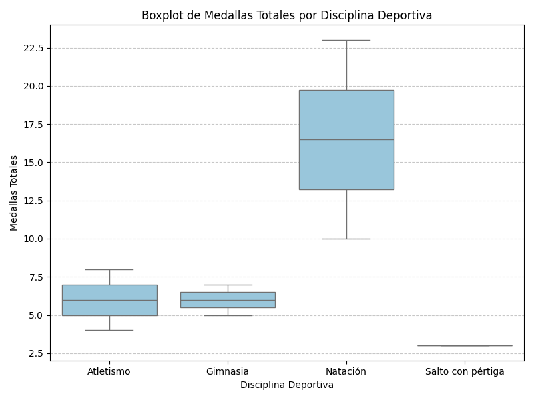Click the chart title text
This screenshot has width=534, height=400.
tap(286, 15)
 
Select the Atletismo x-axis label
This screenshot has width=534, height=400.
tap(109, 371)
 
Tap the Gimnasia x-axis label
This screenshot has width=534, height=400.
tap(228, 371)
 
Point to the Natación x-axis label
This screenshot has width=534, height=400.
tap(346, 371)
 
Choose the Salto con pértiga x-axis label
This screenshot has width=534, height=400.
tap(465, 371)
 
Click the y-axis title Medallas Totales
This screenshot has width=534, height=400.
tap(14, 193)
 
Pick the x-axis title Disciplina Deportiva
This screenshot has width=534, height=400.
tap(286, 385)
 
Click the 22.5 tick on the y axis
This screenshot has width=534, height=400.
tap(33, 49)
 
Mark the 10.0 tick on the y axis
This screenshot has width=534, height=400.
tap(33, 239)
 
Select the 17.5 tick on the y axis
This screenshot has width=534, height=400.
tap(33, 125)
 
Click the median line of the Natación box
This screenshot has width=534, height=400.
tap(346, 139)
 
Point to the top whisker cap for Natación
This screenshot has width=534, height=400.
tap(346, 40)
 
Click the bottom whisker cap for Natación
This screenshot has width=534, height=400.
tap(346, 239)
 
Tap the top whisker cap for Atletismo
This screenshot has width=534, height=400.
tap(109, 269)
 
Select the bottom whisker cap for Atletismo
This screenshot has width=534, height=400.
tap(109, 330)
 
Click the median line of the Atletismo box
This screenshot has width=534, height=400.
tap(109, 300)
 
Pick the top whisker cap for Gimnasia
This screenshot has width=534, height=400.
tap(228, 285)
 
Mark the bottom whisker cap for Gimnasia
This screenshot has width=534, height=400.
tap(228, 315)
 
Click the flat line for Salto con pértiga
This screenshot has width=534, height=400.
tap(465, 345)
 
